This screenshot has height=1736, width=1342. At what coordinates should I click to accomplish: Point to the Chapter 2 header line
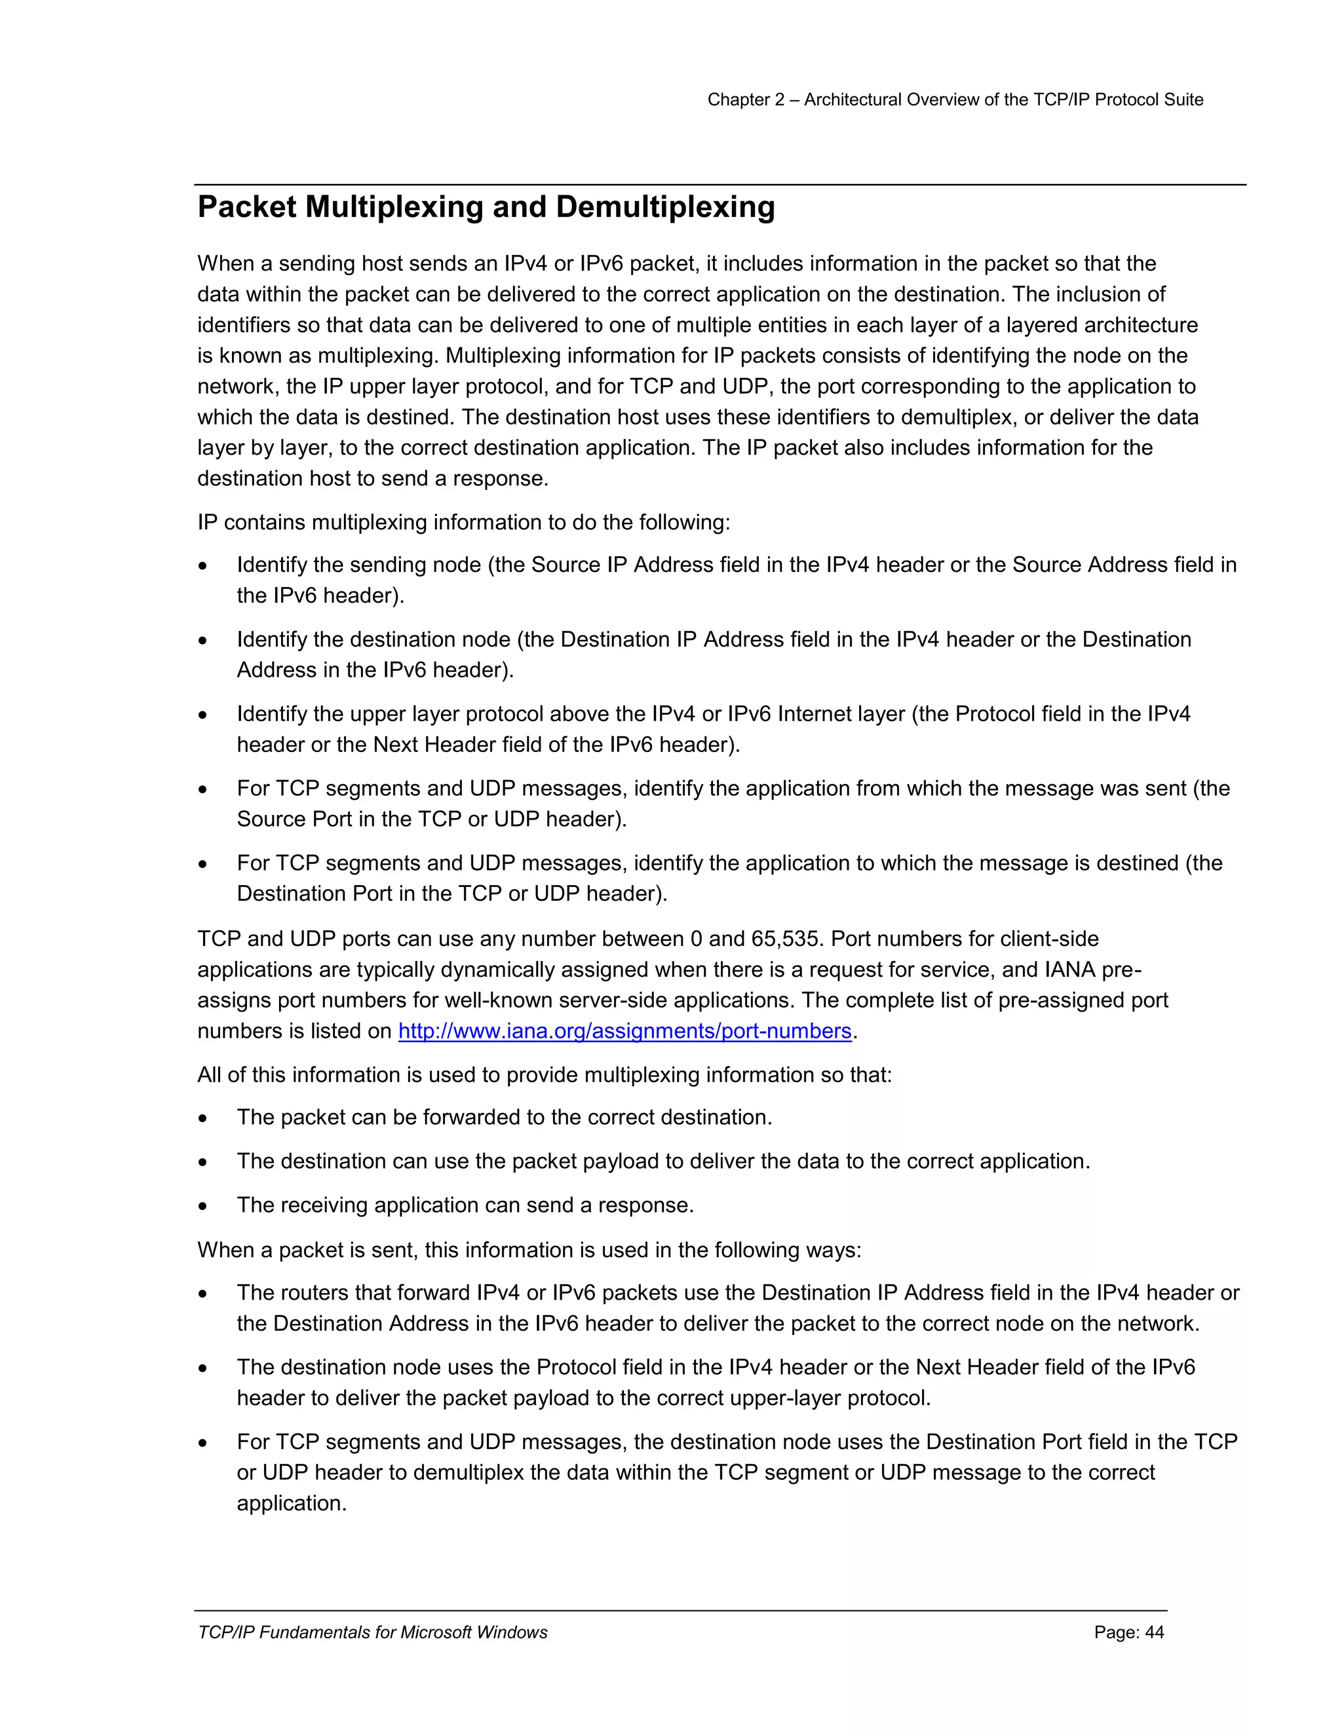coord(955,100)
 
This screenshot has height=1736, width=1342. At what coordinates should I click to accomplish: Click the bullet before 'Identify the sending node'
coord(204,566)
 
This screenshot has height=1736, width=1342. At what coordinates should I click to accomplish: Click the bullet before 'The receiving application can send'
coord(204,1207)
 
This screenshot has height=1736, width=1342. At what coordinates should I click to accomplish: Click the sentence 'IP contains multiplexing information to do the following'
coord(463,522)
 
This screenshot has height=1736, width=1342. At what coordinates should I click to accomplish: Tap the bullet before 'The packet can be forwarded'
coord(204,1118)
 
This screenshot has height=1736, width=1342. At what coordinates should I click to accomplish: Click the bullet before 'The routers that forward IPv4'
coord(204,1294)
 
